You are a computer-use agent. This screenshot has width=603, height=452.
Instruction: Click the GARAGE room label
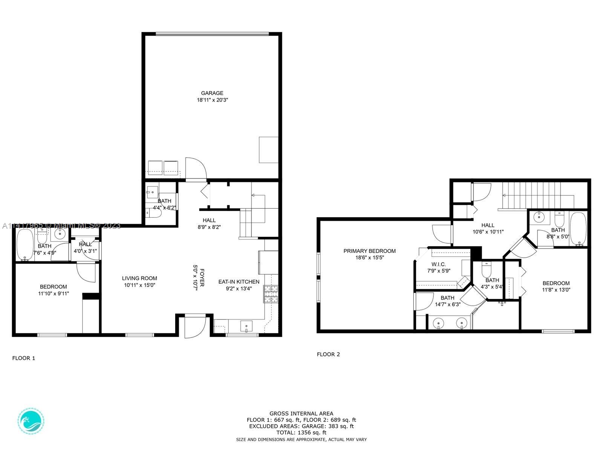click(212, 93)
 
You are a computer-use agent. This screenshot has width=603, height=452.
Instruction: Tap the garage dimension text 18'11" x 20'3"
click(212, 100)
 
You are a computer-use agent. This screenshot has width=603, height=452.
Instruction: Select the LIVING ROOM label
click(139, 278)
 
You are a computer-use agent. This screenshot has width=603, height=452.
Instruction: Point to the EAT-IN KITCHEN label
click(239, 282)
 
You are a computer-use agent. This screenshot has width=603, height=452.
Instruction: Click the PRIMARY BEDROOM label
click(369, 251)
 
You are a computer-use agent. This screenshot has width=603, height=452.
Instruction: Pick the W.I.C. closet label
click(439, 264)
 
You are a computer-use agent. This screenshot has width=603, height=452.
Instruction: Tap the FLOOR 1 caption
click(24, 358)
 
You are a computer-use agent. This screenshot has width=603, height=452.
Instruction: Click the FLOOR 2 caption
click(328, 354)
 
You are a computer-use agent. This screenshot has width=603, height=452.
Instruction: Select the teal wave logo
click(31, 421)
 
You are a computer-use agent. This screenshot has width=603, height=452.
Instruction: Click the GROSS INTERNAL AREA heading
click(301, 414)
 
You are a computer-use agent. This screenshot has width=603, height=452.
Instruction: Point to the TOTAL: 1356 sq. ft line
click(301, 432)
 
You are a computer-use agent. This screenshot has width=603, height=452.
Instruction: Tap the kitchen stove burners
click(271, 294)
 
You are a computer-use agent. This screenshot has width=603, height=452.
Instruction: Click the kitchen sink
click(246, 326)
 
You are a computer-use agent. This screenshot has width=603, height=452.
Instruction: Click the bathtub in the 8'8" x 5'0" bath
click(578, 229)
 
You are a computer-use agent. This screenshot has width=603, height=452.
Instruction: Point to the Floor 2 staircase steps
click(538, 195)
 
